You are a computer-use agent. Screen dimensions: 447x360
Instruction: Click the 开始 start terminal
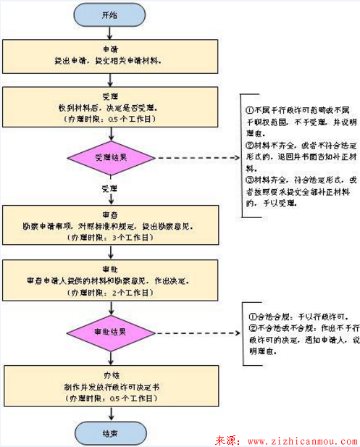tap(109, 15)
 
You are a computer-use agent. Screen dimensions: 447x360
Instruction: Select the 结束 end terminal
tap(109, 433)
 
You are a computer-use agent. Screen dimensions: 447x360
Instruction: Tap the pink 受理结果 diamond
tap(110, 157)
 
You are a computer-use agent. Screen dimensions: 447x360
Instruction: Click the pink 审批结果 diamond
tap(110, 333)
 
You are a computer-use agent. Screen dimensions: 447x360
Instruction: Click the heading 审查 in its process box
tap(110, 214)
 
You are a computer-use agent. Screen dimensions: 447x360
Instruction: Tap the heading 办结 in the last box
tap(110, 377)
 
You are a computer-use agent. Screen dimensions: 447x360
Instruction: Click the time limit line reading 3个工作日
tap(110, 237)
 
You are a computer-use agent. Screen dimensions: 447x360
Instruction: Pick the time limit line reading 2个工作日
tap(110, 292)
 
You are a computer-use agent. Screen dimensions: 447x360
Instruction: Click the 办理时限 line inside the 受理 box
tap(110, 117)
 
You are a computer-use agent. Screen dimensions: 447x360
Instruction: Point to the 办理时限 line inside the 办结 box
tap(110, 398)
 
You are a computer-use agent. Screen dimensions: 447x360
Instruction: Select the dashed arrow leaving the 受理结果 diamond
tap(194, 157)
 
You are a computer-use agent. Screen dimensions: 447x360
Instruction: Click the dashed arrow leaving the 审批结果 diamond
tap(194, 333)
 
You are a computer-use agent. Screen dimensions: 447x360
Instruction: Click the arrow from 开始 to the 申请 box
tap(110, 31)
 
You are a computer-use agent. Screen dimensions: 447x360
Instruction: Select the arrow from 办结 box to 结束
tap(110, 415)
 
